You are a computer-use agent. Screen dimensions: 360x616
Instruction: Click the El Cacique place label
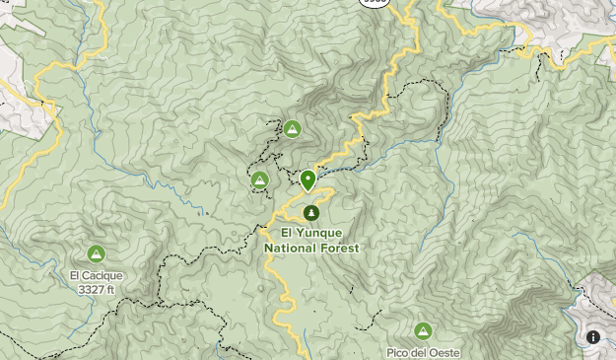point(96,276)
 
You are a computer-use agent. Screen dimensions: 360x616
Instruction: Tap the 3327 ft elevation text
point(96,290)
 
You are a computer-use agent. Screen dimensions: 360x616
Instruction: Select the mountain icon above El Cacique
point(96,254)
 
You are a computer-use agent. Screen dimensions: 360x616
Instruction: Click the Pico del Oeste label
point(424,352)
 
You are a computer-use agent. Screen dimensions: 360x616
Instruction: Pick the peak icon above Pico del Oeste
point(424,330)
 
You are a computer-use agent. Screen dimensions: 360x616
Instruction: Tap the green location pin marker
point(308,180)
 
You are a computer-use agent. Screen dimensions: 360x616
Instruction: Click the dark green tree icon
point(311,212)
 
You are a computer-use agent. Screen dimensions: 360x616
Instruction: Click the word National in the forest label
point(292,249)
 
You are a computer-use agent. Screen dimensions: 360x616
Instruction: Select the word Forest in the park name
point(340,249)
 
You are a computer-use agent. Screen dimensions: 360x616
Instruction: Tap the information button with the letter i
point(593,337)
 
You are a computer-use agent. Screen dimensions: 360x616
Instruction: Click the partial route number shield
point(375,3)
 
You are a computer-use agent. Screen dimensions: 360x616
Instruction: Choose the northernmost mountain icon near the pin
point(292,128)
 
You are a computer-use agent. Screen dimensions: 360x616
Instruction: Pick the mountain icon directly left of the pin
point(260,180)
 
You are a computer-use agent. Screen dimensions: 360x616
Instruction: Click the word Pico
point(400,352)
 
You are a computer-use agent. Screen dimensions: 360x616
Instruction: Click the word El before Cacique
point(75,276)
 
